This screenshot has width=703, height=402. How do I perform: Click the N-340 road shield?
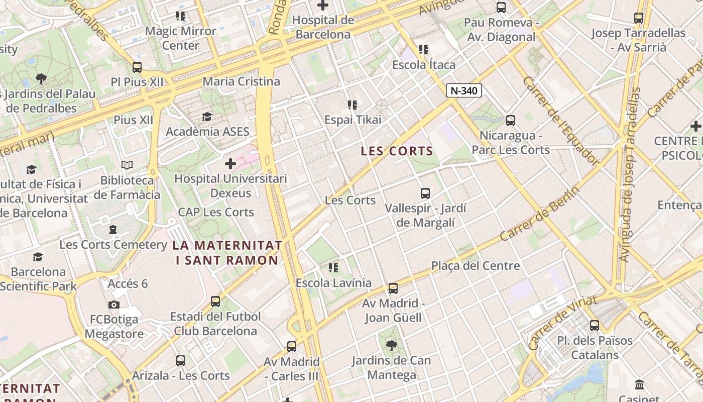[x=463, y=90]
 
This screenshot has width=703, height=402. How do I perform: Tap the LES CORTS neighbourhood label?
[x=397, y=151]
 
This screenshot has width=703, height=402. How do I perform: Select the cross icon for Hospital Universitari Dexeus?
[x=230, y=164]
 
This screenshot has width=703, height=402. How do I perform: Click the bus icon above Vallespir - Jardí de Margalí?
[x=425, y=193]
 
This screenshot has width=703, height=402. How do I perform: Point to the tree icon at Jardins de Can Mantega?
[x=391, y=346]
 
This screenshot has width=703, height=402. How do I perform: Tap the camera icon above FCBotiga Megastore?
[x=114, y=305]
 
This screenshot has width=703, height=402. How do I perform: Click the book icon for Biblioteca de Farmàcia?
[x=127, y=165]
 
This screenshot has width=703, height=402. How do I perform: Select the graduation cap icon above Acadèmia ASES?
[x=207, y=117]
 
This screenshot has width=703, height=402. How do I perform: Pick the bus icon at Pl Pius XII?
[x=137, y=67]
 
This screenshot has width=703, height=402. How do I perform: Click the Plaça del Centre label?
[x=476, y=265]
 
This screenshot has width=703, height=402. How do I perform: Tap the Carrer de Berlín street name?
[x=539, y=215]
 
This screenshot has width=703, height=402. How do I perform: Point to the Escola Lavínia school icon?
[x=333, y=268]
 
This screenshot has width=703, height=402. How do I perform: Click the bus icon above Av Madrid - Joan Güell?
[x=393, y=288]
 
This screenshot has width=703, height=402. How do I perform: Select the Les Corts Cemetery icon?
[x=113, y=230]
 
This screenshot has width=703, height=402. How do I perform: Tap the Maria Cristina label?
[x=242, y=81]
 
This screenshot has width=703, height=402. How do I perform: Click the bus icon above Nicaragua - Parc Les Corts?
[x=511, y=121]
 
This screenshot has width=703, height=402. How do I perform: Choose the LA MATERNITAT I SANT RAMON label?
[x=227, y=253]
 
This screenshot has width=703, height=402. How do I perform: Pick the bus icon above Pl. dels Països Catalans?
[x=595, y=326]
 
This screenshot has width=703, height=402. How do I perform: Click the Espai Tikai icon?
[x=353, y=105]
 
